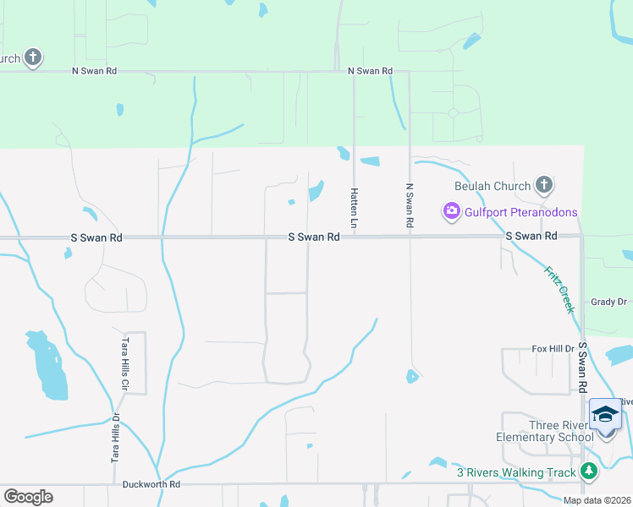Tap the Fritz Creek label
point(558,287)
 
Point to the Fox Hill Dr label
point(553,348)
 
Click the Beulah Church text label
point(493,186)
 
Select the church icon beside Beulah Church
point(544,185)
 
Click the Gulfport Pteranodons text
point(521,212)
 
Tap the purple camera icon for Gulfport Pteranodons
point(452,211)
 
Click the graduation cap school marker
point(605,413)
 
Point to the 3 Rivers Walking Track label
point(516,472)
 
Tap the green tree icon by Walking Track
point(590,472)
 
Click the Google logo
point(28,497)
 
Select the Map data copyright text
point(597,500)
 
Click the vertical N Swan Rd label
point(410,205)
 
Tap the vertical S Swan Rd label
point(583,368)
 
